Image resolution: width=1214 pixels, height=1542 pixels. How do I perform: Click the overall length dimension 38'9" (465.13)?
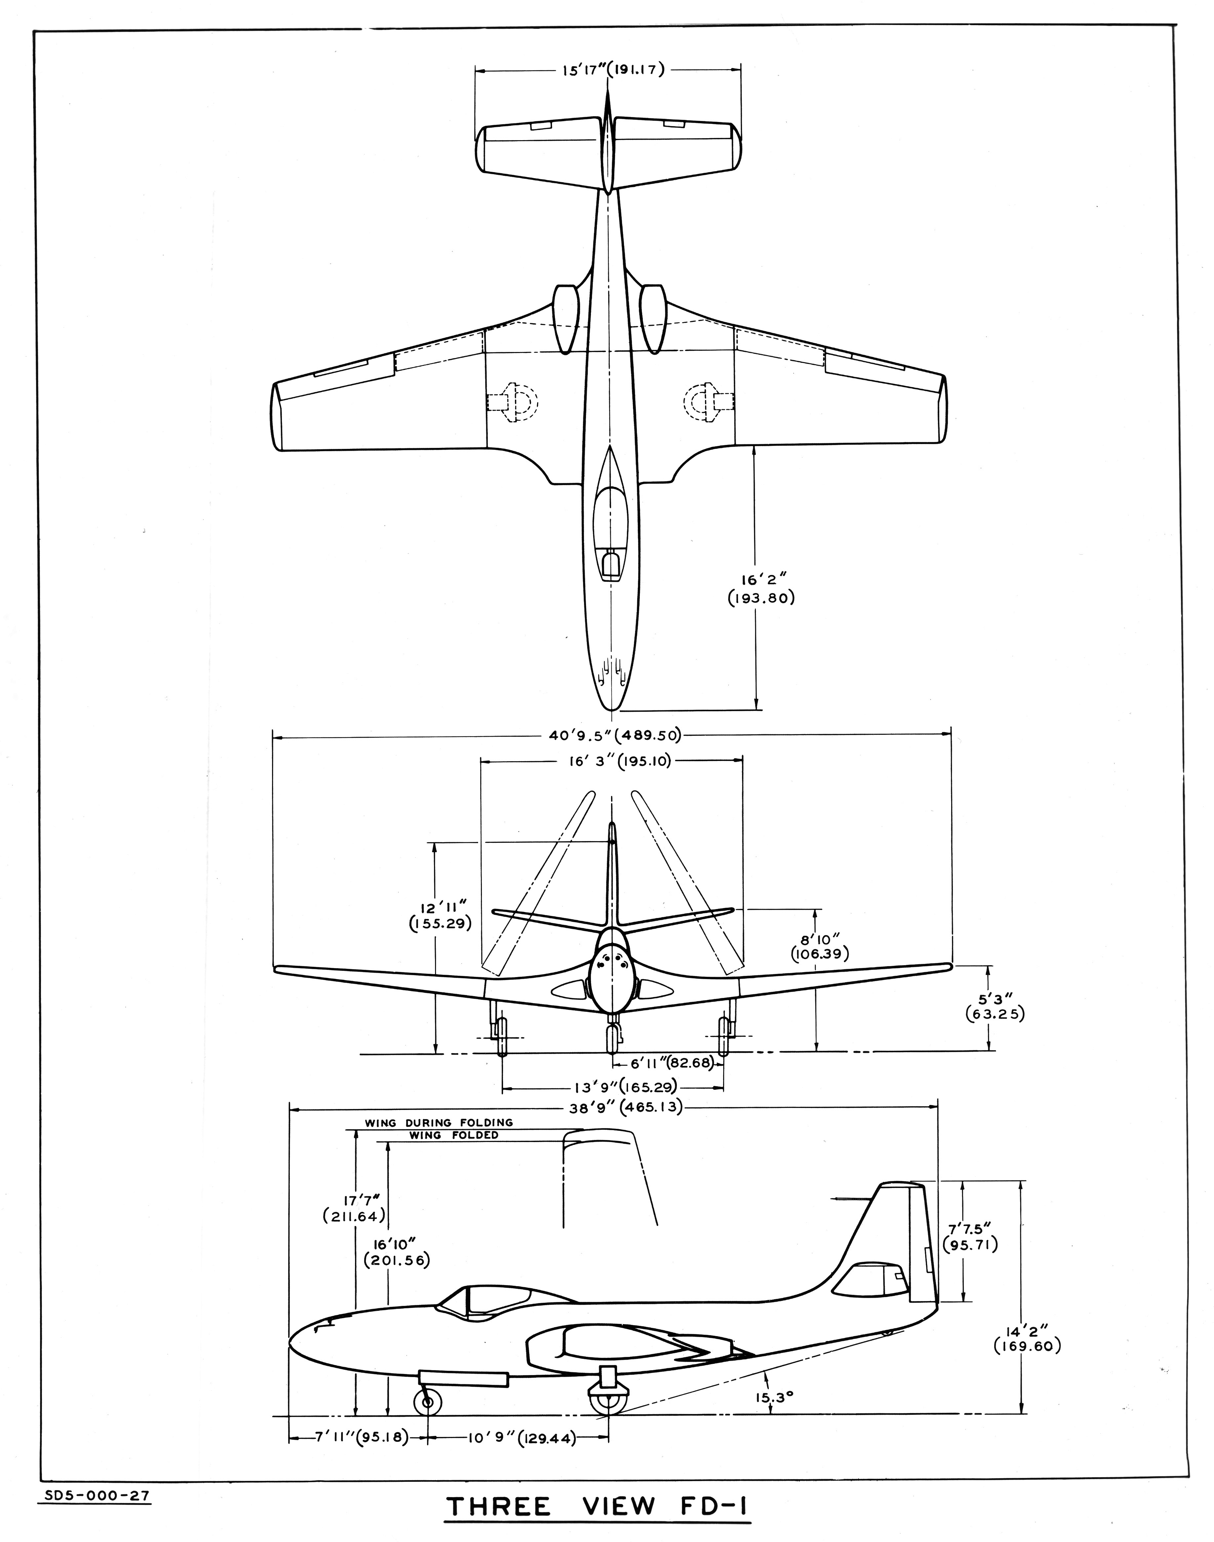pyautogui.click(x=615, y=1107)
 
